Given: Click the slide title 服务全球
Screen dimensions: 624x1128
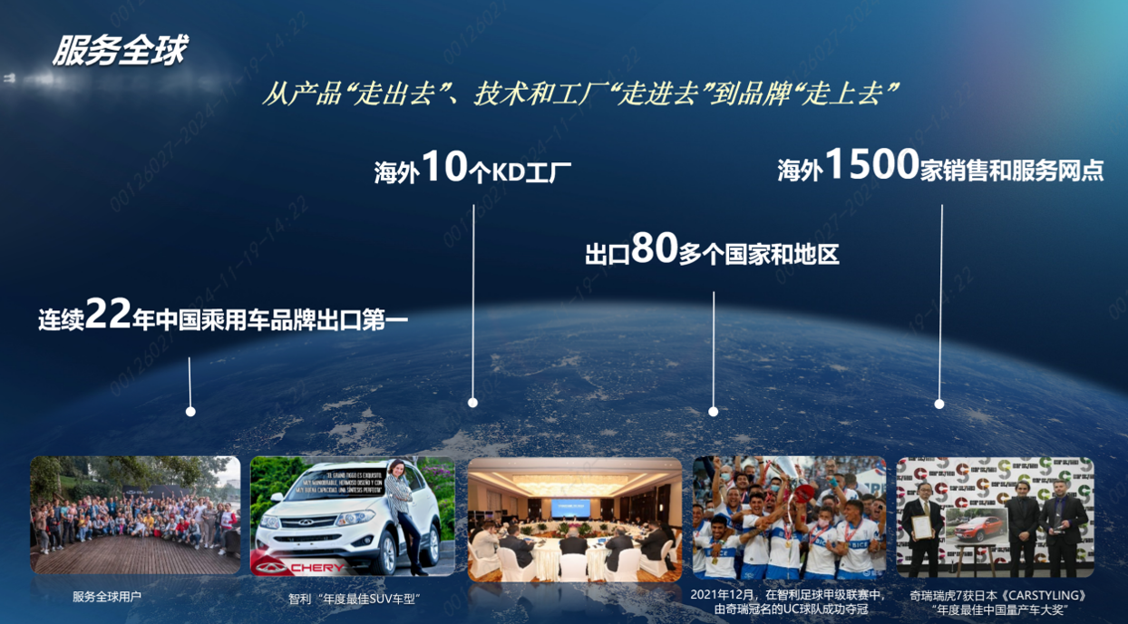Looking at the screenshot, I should [119, 51].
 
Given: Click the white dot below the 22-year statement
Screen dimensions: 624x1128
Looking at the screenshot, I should [190, 412].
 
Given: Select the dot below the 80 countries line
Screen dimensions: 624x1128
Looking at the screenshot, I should [714, 412].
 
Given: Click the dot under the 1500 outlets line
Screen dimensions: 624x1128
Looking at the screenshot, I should [939, 404].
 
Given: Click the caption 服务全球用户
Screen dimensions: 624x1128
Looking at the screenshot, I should [108, 598].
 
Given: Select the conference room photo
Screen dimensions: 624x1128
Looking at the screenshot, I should [574, 519].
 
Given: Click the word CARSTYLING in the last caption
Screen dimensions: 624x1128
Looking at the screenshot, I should [1043, 596].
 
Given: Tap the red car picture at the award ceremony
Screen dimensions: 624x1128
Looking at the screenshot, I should [977, 524].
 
